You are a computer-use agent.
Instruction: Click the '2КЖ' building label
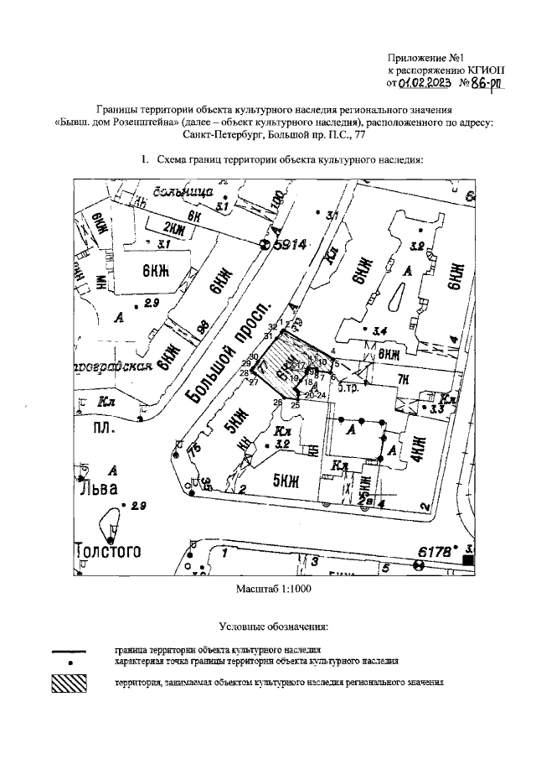pos(173,228)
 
